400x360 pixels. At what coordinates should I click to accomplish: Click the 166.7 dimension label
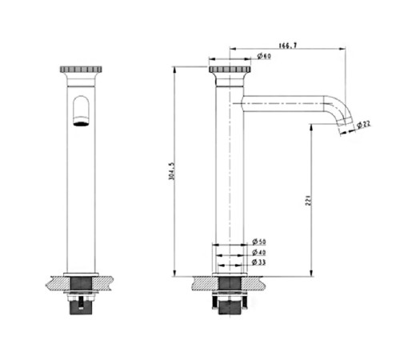point(288,46)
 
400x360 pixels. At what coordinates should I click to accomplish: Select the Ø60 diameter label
point(264,56)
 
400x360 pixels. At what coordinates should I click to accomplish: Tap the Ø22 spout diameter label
point(363,124)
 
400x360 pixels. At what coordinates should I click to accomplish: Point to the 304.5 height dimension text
point(171,171)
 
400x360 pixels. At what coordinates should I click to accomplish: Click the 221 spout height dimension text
point(308,200)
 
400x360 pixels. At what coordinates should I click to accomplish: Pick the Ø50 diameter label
point(259,242)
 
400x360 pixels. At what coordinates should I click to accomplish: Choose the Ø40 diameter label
point(259,252)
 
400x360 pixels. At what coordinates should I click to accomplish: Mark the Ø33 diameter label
point(258,262)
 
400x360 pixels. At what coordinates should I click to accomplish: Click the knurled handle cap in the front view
point(81,70)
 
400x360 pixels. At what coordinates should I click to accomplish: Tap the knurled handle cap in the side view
point(230,70)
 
